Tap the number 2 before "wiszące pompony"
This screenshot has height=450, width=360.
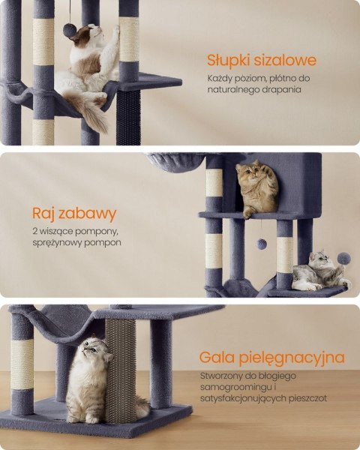(35, 231)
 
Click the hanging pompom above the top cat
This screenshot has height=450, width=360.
(68, 31)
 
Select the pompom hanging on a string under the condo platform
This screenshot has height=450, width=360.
(261, 244)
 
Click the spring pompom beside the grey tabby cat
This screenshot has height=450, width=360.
(343, 258)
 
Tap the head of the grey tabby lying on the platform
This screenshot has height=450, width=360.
(320, 259)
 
